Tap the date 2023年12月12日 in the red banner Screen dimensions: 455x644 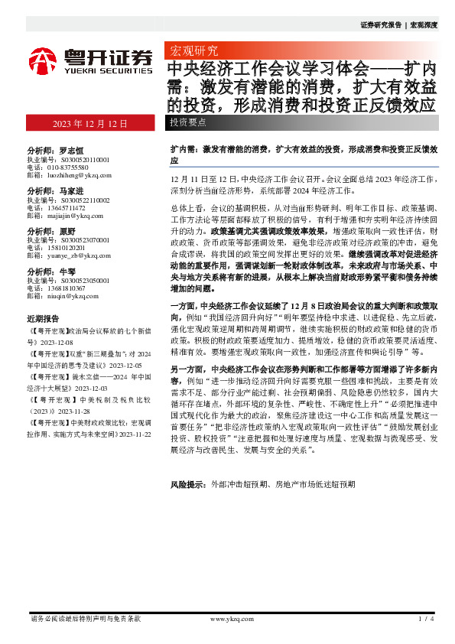point(89,124)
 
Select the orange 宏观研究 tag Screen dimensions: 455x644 point(192,51)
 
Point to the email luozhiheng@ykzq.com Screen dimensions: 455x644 point(73,175)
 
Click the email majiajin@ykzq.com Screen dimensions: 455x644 point(70,216)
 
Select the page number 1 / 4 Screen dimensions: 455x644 point(427,618)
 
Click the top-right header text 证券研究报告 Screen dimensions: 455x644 point(380,24)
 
